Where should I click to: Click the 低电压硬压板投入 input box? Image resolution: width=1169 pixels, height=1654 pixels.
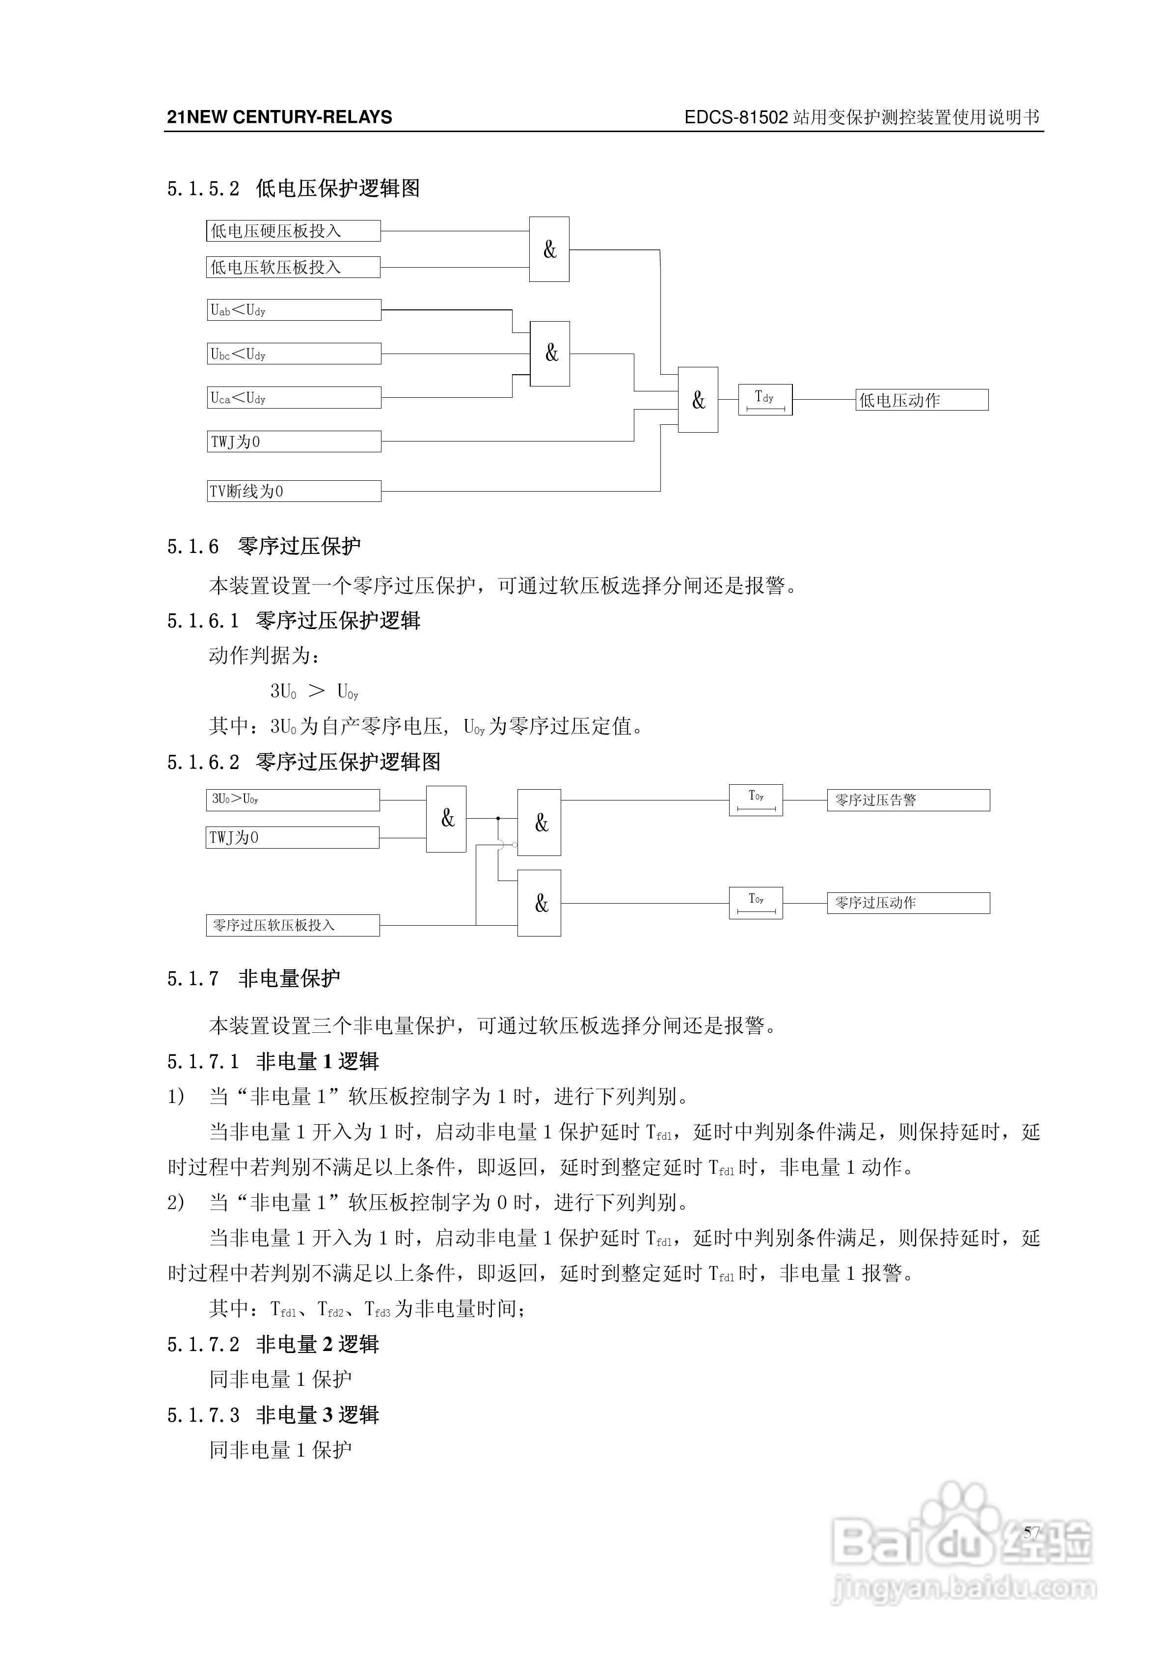point(293,230)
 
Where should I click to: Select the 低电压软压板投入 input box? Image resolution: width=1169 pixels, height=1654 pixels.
point(293,267)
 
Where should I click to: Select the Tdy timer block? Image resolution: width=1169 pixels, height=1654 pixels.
point(765,400)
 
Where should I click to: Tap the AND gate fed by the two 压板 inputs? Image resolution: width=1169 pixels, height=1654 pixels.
point(549,249)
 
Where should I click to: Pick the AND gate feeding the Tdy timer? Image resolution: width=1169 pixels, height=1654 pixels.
point(697,400)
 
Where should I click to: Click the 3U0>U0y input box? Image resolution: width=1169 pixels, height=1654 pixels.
point(293,799)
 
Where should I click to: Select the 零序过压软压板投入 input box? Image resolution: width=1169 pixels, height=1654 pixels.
point(293,925)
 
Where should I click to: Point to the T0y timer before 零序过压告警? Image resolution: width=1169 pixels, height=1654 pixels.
point(756,799)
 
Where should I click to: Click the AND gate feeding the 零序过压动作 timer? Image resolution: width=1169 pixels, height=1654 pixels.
point(539,903)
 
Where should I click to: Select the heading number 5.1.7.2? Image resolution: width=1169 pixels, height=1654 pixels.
point(203,1344)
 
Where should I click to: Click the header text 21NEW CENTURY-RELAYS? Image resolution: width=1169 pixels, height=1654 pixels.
point(279,117)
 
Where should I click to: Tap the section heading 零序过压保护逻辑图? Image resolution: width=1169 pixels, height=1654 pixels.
point(348,762)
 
